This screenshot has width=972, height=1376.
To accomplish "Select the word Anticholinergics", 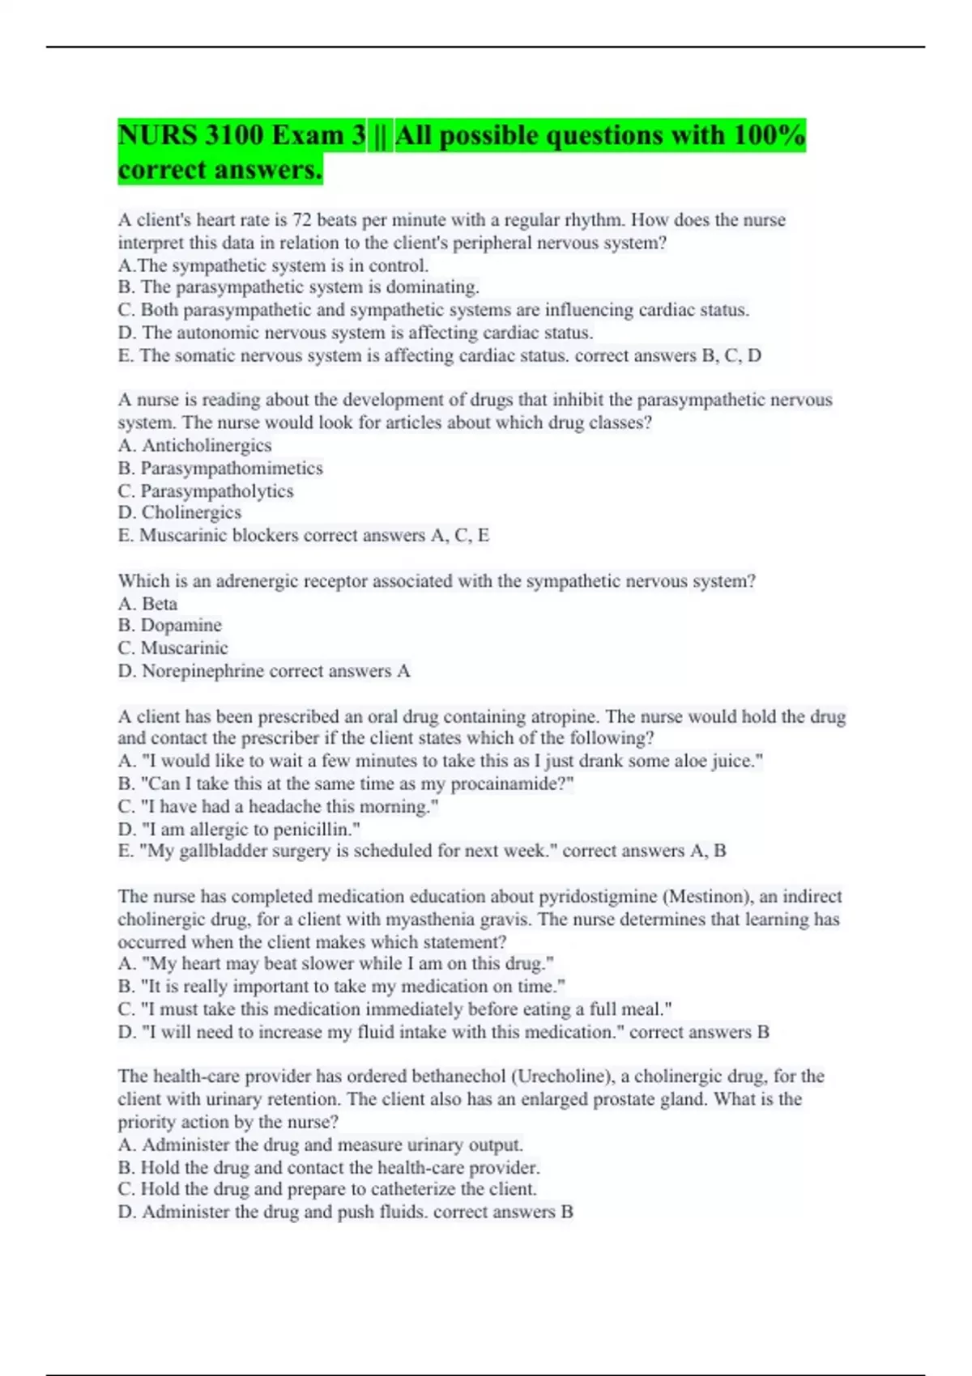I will pyautogui.click(x=207, y=445).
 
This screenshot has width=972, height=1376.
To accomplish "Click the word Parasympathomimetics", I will pyautogui.click(x=232, y=468).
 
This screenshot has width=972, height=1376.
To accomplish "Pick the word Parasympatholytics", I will pyautogui.click(x=217, y=491).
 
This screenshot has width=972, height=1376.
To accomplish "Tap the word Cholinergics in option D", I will pyautogui.click(x=191, y=512).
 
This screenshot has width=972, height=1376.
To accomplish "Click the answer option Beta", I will pyautogui.click(x=160, y=604).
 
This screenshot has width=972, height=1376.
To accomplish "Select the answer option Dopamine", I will pyautogui.click(x=181, y=625).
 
